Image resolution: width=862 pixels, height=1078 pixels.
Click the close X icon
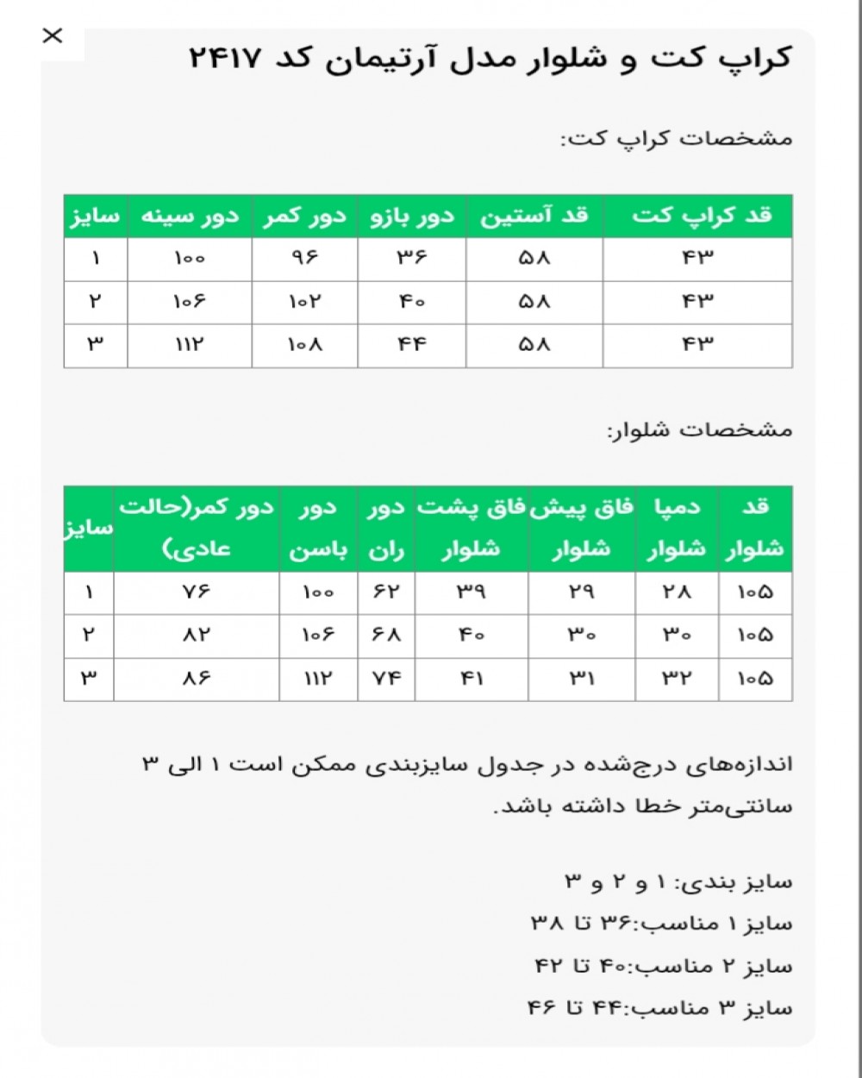(x=53, y=35)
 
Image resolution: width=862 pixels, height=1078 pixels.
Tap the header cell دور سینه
(x=190, y=216)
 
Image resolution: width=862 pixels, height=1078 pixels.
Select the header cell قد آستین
(x=534, y=216)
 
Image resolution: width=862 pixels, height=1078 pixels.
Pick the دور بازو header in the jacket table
(x=412, y=216)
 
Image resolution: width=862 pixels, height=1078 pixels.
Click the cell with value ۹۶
(x=304, y=258)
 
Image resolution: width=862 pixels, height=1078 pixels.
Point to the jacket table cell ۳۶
(x=412, y=258)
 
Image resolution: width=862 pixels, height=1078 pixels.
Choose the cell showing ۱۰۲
(x=304, y=302)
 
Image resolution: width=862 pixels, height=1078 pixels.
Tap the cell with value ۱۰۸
(x=304, y=345)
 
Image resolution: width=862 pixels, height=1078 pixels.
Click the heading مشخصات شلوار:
(x=699, y=429)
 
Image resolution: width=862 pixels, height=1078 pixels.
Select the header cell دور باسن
(x=318, y=529)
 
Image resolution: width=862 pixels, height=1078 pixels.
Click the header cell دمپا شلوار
(x=677, y=529)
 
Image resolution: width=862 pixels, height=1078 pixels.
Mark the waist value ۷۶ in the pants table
(x=197, y=592)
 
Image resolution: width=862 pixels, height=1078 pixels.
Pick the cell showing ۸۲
(x=197, y=636)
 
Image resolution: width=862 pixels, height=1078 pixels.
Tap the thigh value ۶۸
(x=386, y=636)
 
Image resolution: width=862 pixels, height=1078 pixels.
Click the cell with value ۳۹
(x=472, y=592)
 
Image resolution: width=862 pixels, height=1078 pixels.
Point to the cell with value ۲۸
(x=677, y=592)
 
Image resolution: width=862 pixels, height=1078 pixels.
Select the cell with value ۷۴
(x=386, y=679)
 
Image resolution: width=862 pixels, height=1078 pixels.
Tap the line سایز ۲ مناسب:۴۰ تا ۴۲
(x=664, y=966)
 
